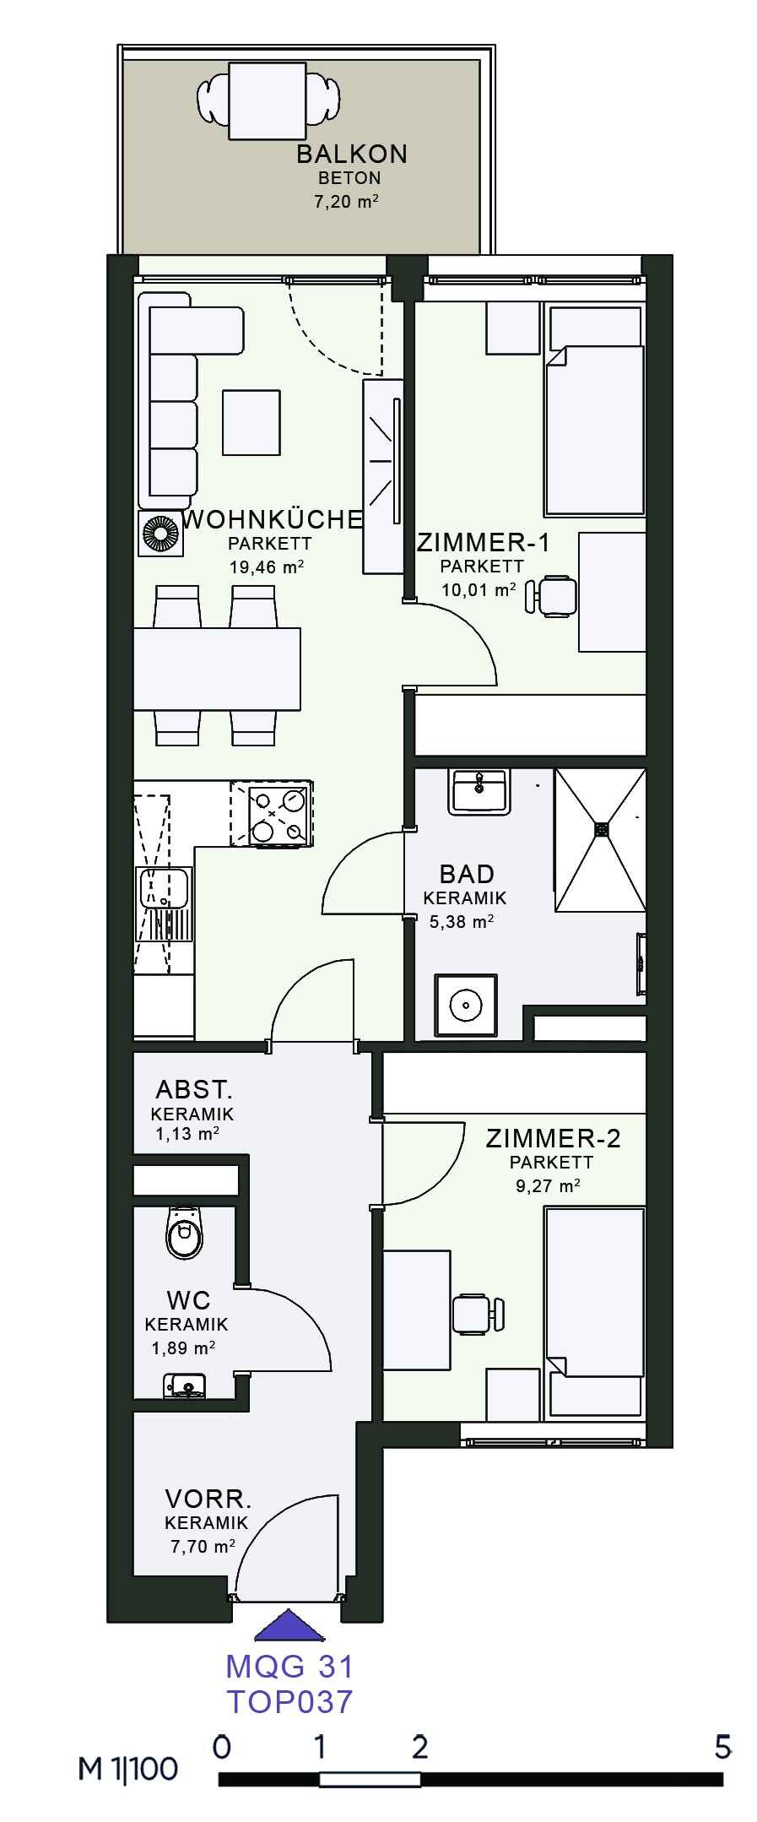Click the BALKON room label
[x=352, y=154]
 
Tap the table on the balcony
[x=268, y=100]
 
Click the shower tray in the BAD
[x=600, y=839]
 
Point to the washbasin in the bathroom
[x=479, y=791]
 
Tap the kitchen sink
[x=165, y=903]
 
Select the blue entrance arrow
[x=289, y=1625]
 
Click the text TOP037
[x=289, y=1702]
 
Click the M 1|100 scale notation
[x=128, y=1769]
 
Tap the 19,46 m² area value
[x=267, y=567]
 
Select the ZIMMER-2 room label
[x=553, y=1138]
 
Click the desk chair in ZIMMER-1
[x=551, y=596]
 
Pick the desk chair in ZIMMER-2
[x=479, y=1314]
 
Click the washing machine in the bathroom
[x=466, y=1005]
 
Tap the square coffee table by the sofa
[x=251, y=422]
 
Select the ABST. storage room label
[x=194, y=1089]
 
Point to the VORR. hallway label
[x=208, y=1499]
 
